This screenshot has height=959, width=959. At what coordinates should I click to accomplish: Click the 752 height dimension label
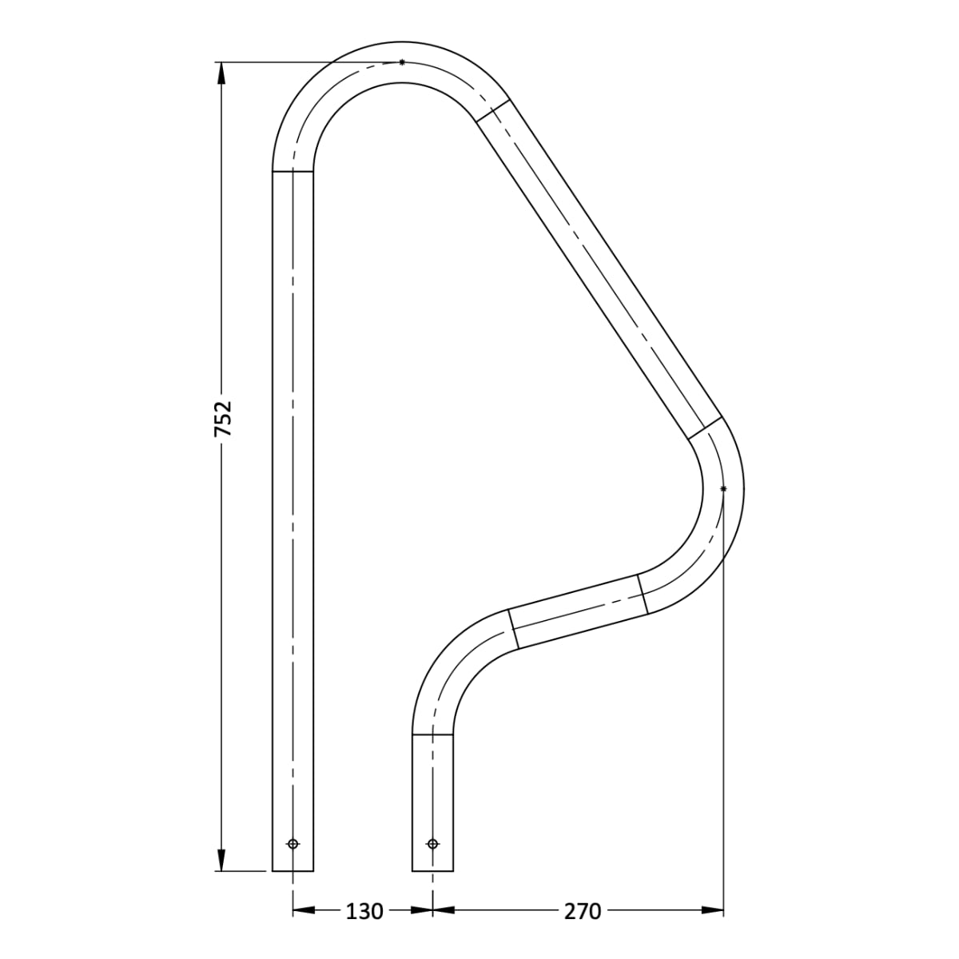pos(225,418)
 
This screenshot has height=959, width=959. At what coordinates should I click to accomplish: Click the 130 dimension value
pos(364,911)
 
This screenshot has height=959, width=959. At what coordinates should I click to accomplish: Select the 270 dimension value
pos(582,911)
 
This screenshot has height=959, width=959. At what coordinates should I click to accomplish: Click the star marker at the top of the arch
pos(402,62)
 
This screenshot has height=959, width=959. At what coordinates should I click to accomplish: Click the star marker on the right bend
pos(723,488)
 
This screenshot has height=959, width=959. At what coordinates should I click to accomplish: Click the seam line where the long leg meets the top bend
pos(293,171)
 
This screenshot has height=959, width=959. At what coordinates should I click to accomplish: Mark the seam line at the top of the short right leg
pos(432,733)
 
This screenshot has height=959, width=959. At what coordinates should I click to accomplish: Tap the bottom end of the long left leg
pos(293,870)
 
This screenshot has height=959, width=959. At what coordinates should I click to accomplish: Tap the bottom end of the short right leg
pos(432,870)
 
